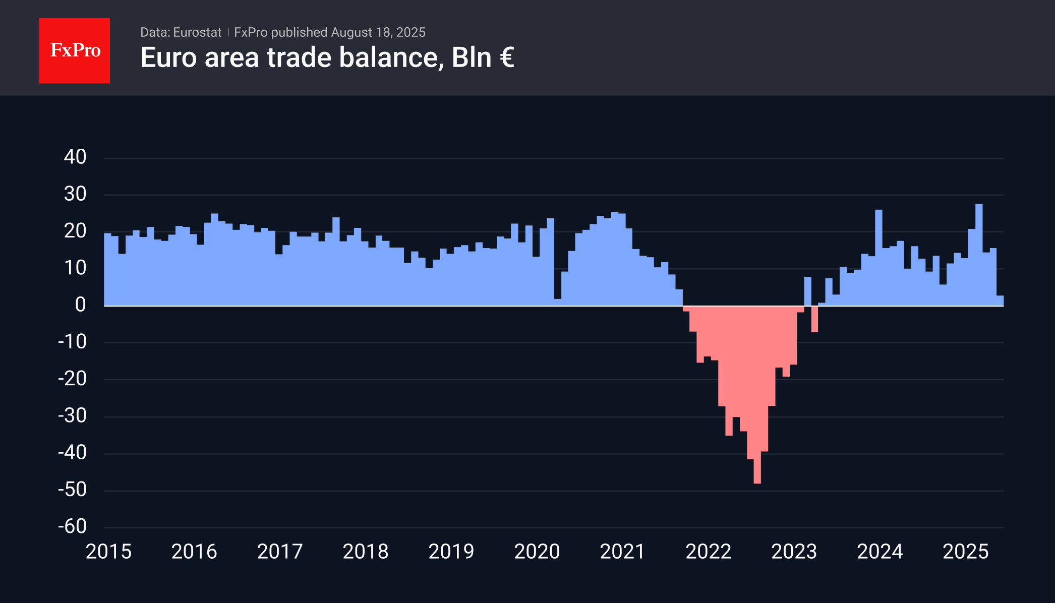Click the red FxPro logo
[x=75, y=50]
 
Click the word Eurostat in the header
[x=197, y=32]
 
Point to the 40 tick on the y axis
[x=75, y=157]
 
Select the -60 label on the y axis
[x=73, y=526]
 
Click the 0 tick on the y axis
[x=81, y=305]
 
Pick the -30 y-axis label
[x=73, y=415]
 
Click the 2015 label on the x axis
[x=108, y=552]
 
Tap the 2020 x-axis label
[x=537, y=552]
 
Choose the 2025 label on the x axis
[x=965, y=552]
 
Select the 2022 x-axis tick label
[x=708, y=552]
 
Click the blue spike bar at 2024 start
[x=878, y=257]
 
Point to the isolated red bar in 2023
[x=814, y=319]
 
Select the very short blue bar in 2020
[x=557, y=302]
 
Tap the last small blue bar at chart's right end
[x=1000, y=300]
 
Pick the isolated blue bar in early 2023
[x=807, y=291]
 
